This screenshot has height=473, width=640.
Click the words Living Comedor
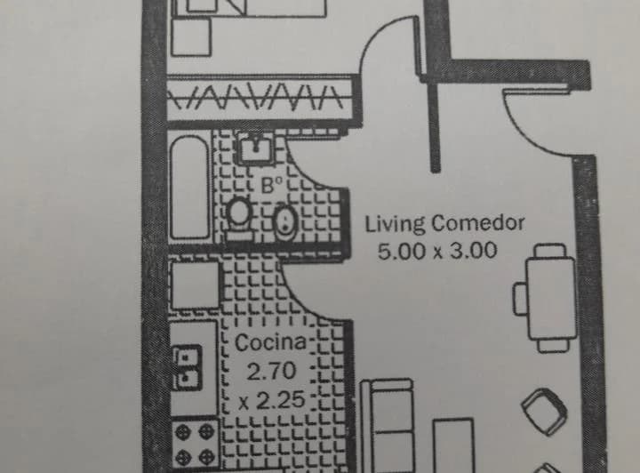[444, 224]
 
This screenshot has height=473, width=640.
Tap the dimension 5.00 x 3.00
[437, 251]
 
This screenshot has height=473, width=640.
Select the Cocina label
[270, 342]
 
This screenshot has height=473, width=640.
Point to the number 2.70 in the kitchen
[271, 371]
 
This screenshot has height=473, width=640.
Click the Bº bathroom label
[272, 186]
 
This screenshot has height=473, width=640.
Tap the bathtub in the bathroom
[190, 188]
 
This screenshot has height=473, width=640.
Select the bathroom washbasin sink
[256, 148]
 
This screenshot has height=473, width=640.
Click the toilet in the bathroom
[239, 217]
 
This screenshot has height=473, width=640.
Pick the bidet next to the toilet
[285, 223]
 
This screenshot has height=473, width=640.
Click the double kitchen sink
[188, 367]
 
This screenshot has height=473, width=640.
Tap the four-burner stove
[195, 444]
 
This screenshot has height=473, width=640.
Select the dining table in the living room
[551, 298]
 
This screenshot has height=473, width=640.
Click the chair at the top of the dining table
[550, 250]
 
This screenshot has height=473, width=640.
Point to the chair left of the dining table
[520, 299]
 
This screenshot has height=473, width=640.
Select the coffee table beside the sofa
[453, 445]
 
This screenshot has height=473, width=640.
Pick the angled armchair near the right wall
[544, 412]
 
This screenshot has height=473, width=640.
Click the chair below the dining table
[553, 346]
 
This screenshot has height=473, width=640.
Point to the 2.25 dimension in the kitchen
[271, 401]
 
